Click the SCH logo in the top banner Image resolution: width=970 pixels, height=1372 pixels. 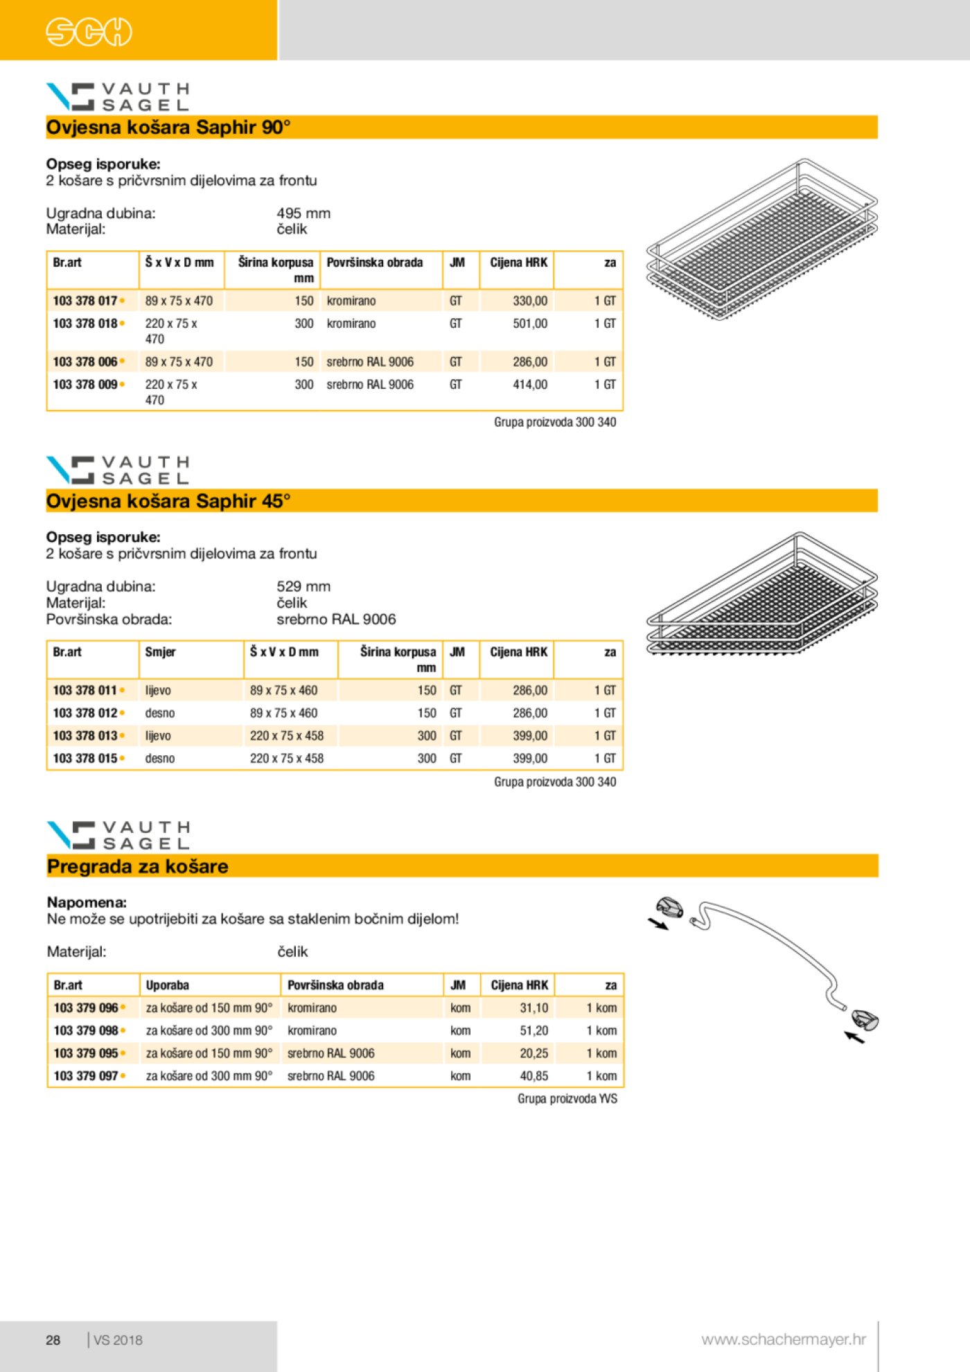89,32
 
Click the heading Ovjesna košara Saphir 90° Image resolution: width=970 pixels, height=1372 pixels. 168,127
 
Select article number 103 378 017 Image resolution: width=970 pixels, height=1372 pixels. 85,301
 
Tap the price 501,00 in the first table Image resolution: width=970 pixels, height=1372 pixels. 529,324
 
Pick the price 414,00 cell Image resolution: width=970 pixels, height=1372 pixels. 529,385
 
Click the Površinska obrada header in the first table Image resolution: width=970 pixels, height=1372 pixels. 374,263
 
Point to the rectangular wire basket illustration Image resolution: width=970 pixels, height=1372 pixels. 761,240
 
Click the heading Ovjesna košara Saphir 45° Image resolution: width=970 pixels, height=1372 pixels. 168,501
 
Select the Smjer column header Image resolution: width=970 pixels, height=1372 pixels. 160,652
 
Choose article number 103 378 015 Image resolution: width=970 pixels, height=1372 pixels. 85,759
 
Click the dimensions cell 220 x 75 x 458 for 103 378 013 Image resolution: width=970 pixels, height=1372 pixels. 286,736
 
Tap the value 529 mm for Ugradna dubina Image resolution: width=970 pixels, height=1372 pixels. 303,586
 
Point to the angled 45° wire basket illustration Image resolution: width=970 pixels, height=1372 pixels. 761,596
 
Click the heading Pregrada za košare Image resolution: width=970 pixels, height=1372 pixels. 137,867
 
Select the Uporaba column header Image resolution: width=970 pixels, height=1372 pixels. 167,985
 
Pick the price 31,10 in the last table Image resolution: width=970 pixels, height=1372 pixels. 533,1008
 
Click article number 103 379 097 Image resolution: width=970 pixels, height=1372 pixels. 85,1076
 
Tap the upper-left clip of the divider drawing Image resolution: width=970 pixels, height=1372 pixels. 669,907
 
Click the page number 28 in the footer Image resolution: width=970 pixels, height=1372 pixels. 53,1340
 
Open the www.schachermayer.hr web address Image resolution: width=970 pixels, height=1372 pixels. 783,1339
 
